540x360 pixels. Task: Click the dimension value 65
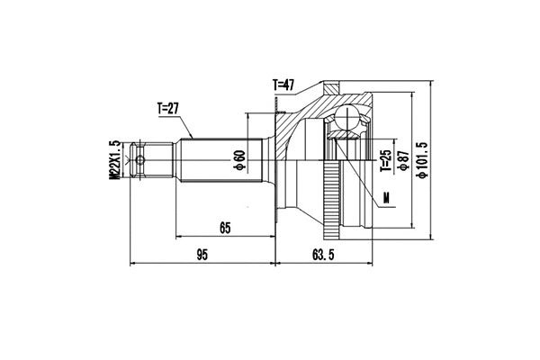225,229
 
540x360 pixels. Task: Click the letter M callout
387,198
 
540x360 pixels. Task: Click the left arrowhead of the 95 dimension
135,265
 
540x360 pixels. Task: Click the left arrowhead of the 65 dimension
179,238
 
